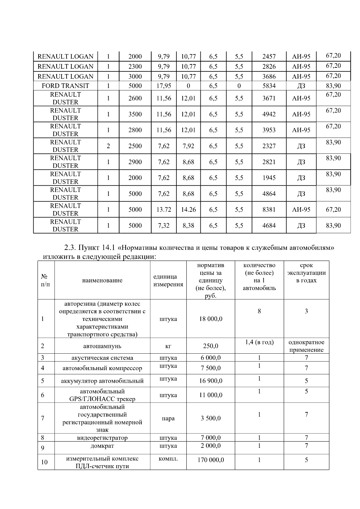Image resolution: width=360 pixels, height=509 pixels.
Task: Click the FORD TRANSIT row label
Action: (x=65, y=86)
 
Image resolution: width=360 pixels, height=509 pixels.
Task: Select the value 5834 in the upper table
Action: (x=269, y=86)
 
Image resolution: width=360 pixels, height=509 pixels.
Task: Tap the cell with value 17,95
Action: (x=164, y=86)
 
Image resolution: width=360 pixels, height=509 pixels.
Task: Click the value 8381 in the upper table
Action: (x=269, y=210)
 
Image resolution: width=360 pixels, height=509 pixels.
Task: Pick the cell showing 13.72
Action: (x=164, y=210)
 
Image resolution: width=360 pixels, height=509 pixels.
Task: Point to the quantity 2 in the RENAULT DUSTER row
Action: (x=108, y=146)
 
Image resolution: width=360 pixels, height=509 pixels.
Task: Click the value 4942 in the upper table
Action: (x=269, y=114)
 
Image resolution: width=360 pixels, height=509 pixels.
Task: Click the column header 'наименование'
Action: (x=102, y=280)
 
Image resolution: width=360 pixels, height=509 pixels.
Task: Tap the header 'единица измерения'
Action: (x=168, y=280)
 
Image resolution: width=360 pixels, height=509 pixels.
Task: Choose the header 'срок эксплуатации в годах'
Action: (x=306, y=273)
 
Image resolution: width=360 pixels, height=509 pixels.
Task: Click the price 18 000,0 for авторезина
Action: (x=211, y=319)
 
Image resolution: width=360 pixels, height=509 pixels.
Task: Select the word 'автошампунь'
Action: (x=102, y=346)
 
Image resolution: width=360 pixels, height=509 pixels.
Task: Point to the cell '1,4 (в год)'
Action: (x=259, y=342)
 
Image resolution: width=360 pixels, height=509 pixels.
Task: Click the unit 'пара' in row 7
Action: (x=168, y=418)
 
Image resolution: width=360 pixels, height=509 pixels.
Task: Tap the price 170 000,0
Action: (x=211, y=460)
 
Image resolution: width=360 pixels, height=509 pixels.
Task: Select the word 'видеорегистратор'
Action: (x=102, y=438)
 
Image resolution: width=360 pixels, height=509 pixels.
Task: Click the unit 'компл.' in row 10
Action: (x=168, y=459)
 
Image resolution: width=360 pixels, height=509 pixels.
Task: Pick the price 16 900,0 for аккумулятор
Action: (x=211, y=381)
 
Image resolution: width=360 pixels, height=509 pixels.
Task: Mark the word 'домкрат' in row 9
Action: (x=102, y=446)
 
